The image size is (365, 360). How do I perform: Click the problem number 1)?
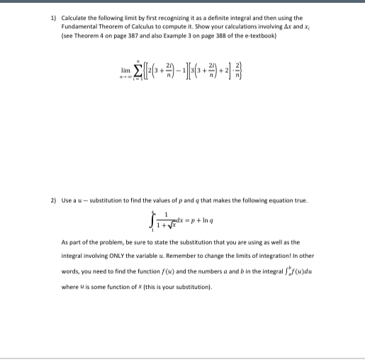pos(54,18)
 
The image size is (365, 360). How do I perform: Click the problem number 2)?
pos(54,201)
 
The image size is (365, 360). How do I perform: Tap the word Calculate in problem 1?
pos(74,18)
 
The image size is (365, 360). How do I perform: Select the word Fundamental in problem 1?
pos(80,26)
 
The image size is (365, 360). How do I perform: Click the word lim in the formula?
pos(126,72)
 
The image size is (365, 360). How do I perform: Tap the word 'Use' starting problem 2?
pos(68,201)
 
